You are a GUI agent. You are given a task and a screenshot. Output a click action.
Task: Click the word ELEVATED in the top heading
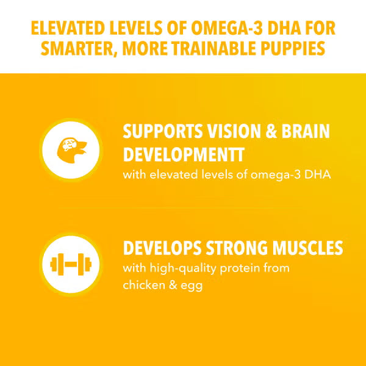pyautogui.click(x=68, y=28)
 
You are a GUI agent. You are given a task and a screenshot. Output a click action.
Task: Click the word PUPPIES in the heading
pyautogui.click(x=293, y=49)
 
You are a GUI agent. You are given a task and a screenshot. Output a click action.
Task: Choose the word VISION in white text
pyautogui.click(x=234, y=131)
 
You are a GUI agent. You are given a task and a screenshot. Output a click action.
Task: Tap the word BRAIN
pyautogui.click(x=306, y=131)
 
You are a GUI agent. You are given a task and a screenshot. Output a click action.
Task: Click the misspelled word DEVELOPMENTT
pyautogui.click(x=184, y=154)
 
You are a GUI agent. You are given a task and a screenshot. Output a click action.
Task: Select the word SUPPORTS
pyautogui.click(x=163, y=131)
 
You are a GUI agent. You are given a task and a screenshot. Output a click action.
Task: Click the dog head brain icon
pyautogui.click(x=71, y=150)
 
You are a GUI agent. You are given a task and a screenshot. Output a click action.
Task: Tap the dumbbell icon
pyautogui.click(x=71, y=264)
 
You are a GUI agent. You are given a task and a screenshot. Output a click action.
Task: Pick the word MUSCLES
pyautogui.click(x=308, y=248)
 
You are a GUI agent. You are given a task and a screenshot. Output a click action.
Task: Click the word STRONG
pyautogui.click(x=237, y=248)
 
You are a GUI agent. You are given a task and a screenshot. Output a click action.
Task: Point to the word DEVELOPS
pyautogui.click(x=162, y=248)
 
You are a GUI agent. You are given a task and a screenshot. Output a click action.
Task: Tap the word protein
pyautogui.click(x=240, y=268)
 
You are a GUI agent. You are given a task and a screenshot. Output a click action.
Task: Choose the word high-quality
pyautogui.click(x=183, y=268)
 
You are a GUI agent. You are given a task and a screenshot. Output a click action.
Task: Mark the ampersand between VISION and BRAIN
pyautogui.click(x=271, y=131)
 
